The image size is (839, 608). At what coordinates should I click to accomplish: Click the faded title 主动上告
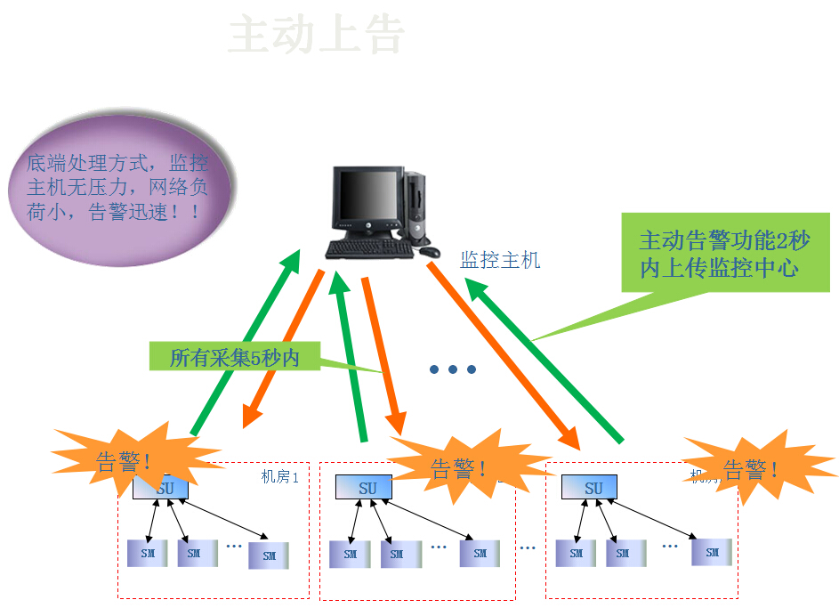tap(317, 36)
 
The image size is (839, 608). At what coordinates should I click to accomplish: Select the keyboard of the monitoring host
tap(369, 249)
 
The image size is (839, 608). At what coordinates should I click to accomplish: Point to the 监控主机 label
tap(500, 260)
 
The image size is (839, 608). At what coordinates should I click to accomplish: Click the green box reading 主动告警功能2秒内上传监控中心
tap(725, 253)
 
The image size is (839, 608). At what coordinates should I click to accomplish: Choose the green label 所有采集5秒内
tap(235, 358)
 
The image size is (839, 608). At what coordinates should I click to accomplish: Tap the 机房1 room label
tap(279, 476)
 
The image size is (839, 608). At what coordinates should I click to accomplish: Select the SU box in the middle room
tap(367, 488)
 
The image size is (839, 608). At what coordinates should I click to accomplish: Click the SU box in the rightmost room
tap(593, 488)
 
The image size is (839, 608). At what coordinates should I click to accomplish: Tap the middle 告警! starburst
tap(458, 467)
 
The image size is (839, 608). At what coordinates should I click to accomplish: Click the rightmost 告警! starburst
tap(750, 468)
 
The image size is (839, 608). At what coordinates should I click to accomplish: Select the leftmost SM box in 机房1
tap(146, 553)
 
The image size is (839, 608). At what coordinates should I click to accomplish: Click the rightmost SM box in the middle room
tap(480, 553)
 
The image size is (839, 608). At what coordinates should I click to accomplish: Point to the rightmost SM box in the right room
tap(712, 552)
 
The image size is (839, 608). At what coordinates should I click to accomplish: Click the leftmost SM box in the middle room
tap(350, 554)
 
